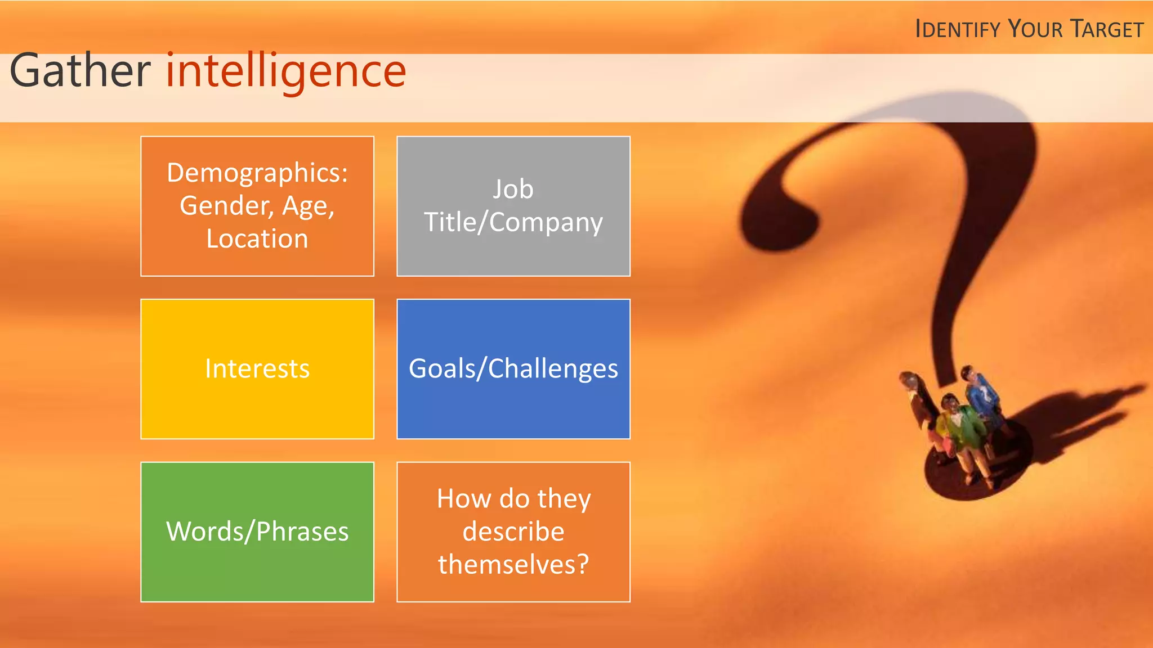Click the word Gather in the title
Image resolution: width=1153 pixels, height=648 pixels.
pyautogui.click(x=80, y=71)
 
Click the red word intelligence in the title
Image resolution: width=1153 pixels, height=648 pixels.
pyautogui.click(x=286, y=71)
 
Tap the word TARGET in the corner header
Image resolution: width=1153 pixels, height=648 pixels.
pyautogui.click(x=1107, y=29)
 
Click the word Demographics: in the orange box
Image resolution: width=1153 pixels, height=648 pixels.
pyautogui.click(x=257, y=173)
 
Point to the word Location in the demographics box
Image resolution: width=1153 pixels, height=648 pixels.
pyautogui.click(x=257, y=239)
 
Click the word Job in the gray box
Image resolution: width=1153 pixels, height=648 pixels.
pyautogui.click(x=513, y=189)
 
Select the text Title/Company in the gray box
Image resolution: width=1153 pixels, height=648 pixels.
pyautogui.click(x=513, y=223)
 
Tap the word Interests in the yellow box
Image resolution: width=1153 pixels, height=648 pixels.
pyautogui.click(x=257, y=369)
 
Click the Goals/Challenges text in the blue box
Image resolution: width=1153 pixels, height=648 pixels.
pyautogui.click(x=513, y=369)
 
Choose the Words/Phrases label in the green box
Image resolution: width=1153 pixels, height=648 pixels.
pyautogui.click(x=257, y=532)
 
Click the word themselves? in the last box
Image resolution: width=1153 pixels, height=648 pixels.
pyautogui.click(x=513, y=565)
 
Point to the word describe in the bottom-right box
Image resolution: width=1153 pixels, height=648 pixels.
pyautogui.click(x=513, y=532)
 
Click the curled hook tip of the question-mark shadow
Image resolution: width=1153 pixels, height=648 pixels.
pyautogui.click(x=780, y=225)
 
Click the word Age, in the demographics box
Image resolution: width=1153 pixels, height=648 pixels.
pyautogui.click(x=309, y=206)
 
